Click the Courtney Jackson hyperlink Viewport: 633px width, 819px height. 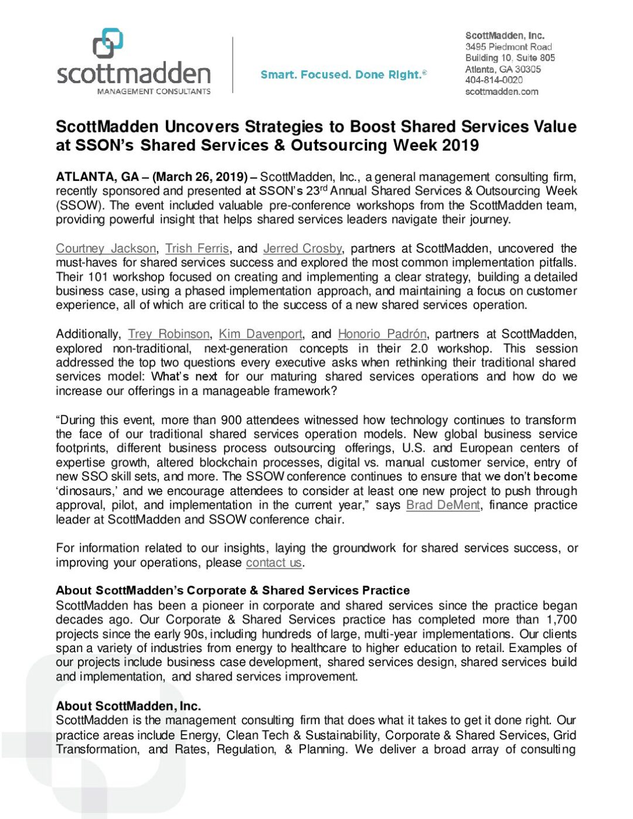(105, 248)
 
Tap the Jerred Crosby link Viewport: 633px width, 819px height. (302, 248)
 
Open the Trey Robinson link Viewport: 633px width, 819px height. (168, 334)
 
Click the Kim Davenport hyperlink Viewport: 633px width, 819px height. (260, 334)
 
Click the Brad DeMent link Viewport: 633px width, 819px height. (443, 505)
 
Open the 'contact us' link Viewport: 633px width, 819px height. (274, 562)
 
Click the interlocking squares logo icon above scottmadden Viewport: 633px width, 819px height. (108, 44)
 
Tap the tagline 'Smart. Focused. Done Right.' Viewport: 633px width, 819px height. (343, 74)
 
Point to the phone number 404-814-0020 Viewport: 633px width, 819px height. (494, 80)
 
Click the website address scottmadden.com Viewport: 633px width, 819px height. (501, 91)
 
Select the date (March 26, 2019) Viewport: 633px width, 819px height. (200, 177)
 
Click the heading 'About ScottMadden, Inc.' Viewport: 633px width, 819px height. (128, 706)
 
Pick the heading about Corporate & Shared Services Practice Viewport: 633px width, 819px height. (233, 591)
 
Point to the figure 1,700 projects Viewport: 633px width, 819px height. (561, 620)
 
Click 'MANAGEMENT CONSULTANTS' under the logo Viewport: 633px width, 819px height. (154, 91)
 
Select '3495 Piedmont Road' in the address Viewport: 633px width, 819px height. (509, 46)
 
